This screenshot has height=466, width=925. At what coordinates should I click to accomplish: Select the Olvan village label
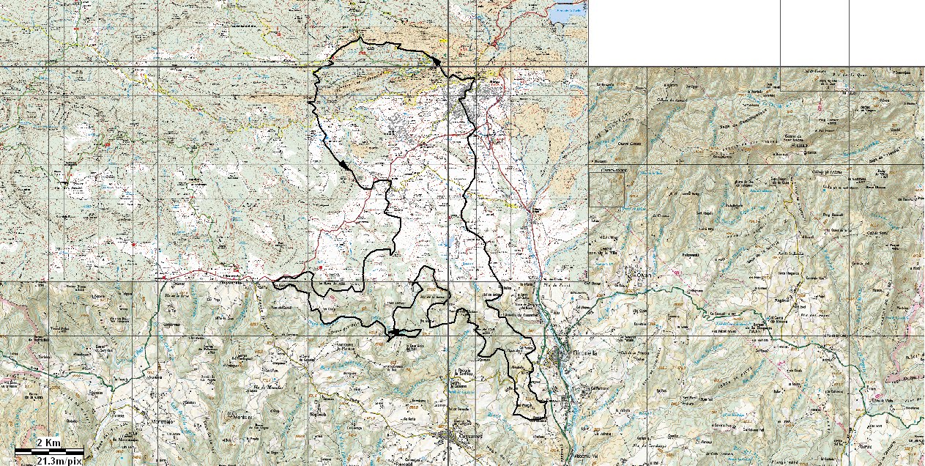pyautogui.click(x=644, y=276)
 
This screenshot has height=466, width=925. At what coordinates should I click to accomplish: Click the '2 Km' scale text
pyautogui.click(x=48, y=442)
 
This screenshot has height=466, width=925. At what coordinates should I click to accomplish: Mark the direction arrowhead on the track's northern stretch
pyautogui.click(x=437, y=62)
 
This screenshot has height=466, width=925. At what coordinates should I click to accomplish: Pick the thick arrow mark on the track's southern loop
pyautogui.click(x=393, y=333)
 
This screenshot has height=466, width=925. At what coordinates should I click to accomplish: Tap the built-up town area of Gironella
pyautogui.click(x=562, y=359)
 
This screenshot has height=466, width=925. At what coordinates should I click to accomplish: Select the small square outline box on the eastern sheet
pyautogui.click(x=608, y=188)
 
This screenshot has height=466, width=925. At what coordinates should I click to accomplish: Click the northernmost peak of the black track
pyautogui.click(x=360, y=38)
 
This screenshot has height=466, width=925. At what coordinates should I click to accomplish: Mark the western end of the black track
pyautogui.click(x=274, y=281)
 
